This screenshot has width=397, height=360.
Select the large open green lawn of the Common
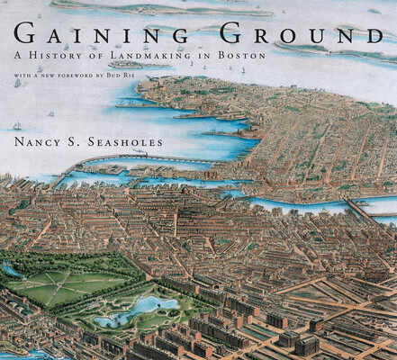[59, 286]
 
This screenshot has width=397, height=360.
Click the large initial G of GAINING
[26, 37]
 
